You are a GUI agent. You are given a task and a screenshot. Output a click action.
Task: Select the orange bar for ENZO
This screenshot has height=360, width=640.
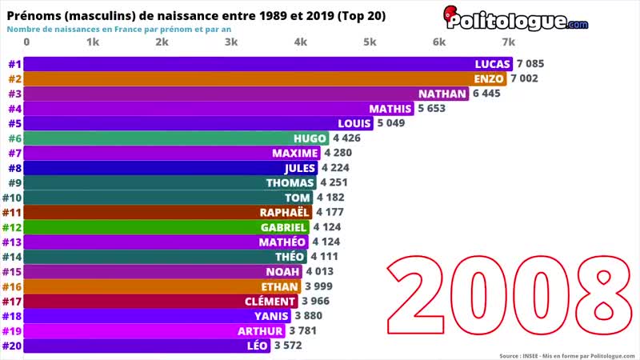[x=264, y=78]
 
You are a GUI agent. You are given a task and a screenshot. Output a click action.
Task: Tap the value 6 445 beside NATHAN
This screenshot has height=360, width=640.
[x=492, y=94]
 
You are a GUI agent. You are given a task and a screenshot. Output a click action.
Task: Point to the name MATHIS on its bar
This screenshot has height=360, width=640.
[x=390, y=109]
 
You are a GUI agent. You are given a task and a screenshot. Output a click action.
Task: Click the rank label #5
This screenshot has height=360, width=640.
[x=14, y=123]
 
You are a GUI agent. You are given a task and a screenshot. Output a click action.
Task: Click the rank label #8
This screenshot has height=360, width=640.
[x=14, y=168]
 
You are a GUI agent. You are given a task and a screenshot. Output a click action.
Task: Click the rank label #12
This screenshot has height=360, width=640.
[x=12, y=227]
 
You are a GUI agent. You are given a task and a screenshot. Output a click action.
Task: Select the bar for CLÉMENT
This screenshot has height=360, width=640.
[x=160, y=301]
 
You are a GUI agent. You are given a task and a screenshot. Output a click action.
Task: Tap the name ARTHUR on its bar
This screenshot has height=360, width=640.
[x=260, y=330]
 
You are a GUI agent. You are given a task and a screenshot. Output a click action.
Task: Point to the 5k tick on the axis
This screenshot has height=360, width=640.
[x=370, y=42]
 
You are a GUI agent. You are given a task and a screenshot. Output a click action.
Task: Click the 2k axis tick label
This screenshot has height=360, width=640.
[x=162, y=42]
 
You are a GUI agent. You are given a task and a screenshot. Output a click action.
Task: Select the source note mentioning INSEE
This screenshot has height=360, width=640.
[x=566, y=355]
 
